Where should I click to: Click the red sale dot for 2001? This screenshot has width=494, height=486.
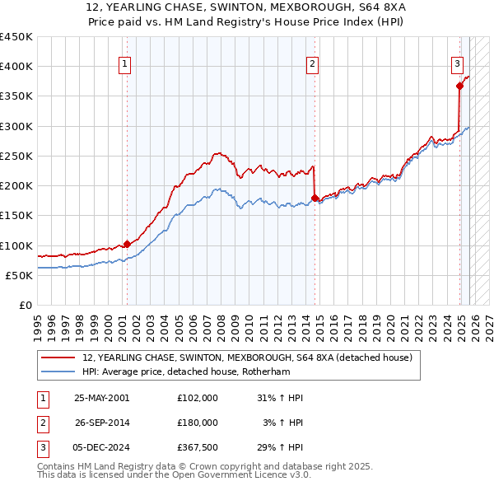127,244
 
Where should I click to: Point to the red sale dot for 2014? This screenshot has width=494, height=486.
315,197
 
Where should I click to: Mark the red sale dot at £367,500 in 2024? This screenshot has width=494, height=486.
459,86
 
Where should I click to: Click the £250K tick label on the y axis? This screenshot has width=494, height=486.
16,156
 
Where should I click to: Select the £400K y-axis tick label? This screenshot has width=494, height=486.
16,67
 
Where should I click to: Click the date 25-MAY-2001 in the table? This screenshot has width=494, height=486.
102,398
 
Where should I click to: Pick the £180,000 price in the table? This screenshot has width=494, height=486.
198,423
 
